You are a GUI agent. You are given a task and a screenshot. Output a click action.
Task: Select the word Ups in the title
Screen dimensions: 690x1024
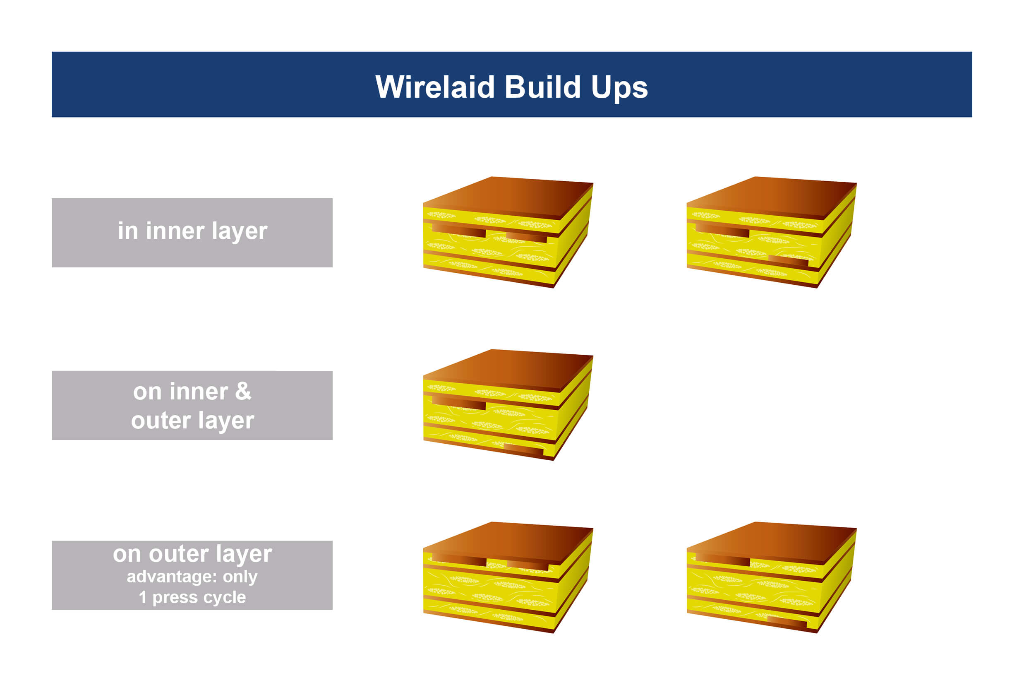pos(619,88)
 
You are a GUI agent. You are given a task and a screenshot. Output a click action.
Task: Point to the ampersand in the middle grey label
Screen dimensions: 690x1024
pos(243,391)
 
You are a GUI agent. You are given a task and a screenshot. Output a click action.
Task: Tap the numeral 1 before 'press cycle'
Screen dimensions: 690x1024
pos(142,598)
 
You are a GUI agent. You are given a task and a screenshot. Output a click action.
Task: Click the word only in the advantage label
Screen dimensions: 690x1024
pos(240,577)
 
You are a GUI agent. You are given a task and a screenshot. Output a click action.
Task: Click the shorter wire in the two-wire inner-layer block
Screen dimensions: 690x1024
pos(526,238)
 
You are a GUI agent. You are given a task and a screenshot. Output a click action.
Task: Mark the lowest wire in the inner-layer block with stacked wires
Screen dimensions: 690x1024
pos(788,262)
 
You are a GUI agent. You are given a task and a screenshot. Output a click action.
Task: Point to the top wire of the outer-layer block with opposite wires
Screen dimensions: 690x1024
pos(722,560)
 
